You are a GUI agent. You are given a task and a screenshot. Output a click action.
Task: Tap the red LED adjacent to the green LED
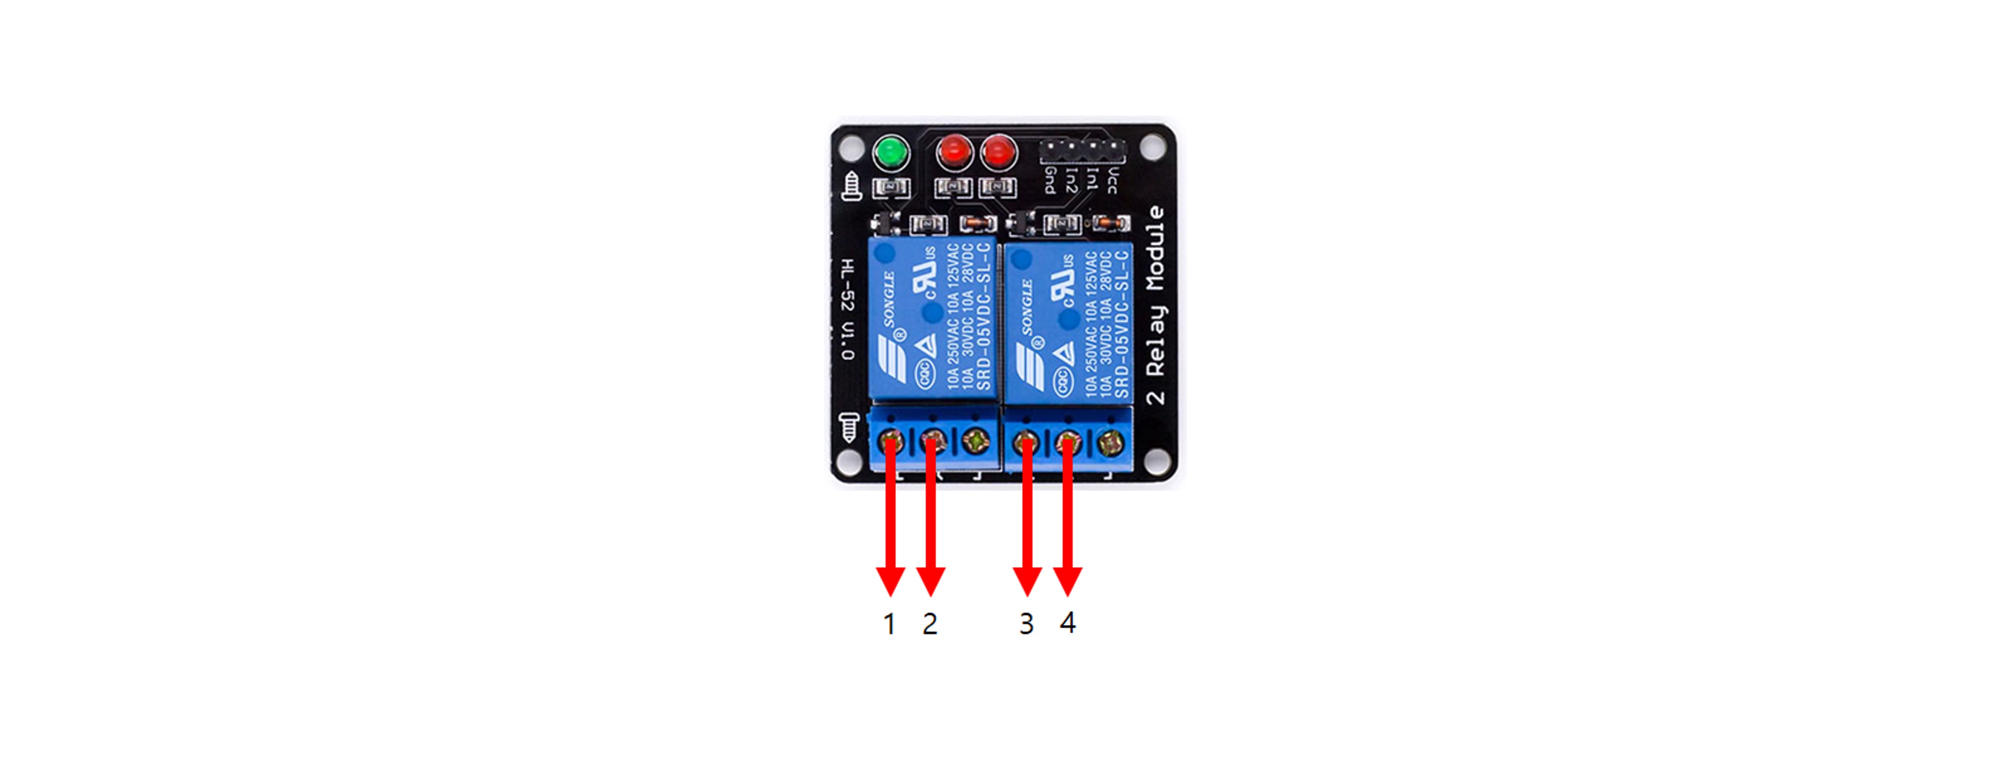click(x=954, y=151)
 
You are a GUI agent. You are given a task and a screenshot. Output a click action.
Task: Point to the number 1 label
click(x=889, y=624)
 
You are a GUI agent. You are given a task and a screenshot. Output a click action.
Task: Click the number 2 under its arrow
click(x=930, y=624)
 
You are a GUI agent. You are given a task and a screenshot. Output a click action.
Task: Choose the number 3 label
click(x=1027, y=624)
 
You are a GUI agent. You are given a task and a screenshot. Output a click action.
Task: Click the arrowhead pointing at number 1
click(x=890, y=581)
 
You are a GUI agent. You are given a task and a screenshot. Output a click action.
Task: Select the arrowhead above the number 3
click(x=1027, y=581)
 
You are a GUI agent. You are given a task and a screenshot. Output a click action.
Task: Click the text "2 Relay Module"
click(x=1155, y=305)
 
